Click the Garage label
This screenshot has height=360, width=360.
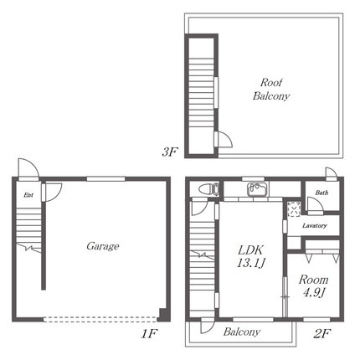(x=103, y=246)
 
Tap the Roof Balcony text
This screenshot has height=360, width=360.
(x=271, y=90)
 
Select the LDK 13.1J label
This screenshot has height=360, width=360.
(x=250, y=256)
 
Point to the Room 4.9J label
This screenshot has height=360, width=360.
(x=313, y=286)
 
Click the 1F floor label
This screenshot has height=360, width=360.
(x=149, y=333)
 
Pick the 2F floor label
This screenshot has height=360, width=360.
(x=322, y=333)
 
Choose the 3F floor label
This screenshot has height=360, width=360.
(x=169, y=152)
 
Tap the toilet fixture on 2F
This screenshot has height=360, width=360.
(x=209, y=189)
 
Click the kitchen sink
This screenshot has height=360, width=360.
(x=257, y=189)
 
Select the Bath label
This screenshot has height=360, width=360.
(x=321, y=193)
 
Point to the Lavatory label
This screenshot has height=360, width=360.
(x=315, y=225)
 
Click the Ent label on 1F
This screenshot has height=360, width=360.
(x=28, y=195)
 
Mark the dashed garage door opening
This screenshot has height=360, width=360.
(x=100, y=319)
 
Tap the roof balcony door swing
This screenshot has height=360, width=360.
(x=224, y=139)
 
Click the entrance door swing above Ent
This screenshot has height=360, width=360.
(x=28, y=169)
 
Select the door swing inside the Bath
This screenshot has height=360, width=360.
(x=316, y=205)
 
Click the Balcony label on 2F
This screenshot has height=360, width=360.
(x=242, y=332)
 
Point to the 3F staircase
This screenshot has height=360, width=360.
(x=201, y=94)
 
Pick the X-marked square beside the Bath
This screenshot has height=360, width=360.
(x=294, y=208)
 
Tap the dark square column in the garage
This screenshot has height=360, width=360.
(x=162, y=314)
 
